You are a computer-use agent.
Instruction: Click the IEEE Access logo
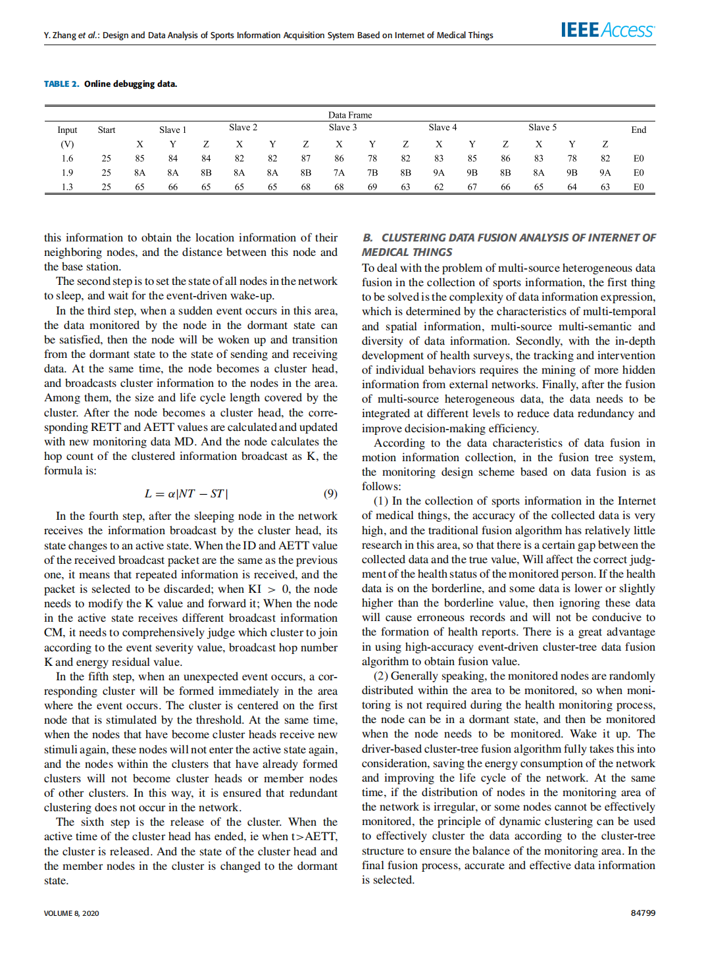pos(607,30)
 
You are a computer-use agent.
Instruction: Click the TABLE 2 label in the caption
pos(61,84)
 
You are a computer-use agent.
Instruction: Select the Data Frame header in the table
pos(350,115)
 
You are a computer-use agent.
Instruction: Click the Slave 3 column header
pos(343,128)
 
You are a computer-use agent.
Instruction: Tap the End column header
pos(638,130)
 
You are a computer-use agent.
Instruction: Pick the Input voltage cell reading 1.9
pos(67,173)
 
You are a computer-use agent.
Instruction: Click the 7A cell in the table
pos(339,173)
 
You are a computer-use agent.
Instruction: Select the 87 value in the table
pos(306,159)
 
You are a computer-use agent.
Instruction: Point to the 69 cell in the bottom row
pos(372,187)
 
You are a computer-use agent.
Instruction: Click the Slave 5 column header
pos(542,128)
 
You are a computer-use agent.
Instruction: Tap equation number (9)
pos(330,493)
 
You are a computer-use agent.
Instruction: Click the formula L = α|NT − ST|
pos(186,493)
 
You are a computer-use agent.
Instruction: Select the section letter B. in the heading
pos(368,238)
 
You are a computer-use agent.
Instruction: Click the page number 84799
pos(643,913)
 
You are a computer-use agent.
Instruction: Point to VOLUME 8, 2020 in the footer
pos(72,913)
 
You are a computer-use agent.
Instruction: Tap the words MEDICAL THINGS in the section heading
pos(407,252)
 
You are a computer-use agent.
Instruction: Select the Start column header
pos(107,130)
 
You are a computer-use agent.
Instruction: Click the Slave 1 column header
pos(172,130)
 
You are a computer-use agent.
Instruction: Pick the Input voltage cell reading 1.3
pos(67,187)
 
